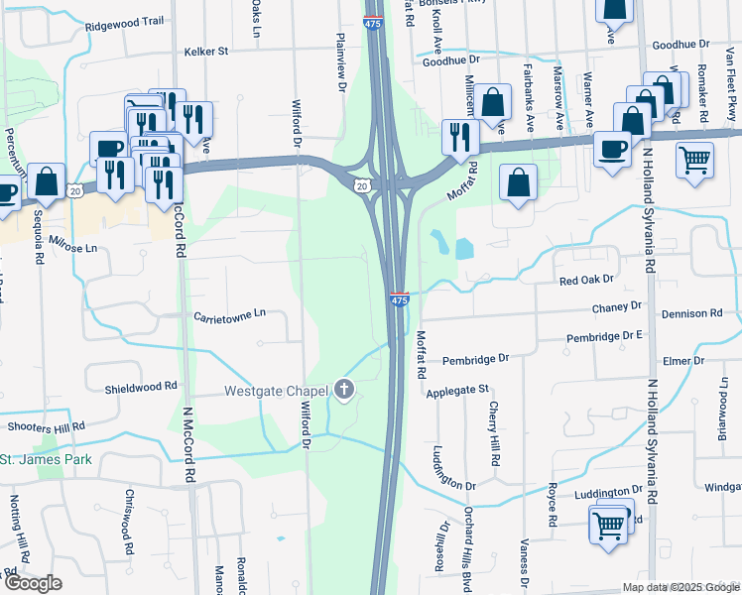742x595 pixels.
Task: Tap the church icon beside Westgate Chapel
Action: coord(344,388)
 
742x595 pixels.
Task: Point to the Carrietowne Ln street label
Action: coord(230,314)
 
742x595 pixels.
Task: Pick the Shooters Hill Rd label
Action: coord(47,426)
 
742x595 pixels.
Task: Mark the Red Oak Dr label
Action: coord(587,282)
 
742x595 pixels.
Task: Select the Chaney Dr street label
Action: coord(617,306)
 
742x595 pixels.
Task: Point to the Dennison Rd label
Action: coord(694,313)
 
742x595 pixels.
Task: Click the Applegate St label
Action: coord(458,392)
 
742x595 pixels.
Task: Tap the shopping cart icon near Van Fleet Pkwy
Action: coord(694,159)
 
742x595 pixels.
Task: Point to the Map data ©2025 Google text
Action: coord(680,587)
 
